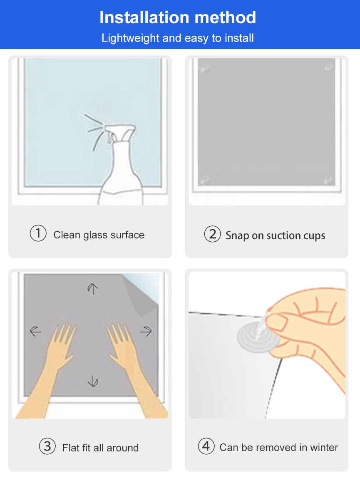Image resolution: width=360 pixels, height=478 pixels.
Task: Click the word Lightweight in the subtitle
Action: (131, 38)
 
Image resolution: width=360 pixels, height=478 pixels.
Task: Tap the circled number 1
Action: (38, 233)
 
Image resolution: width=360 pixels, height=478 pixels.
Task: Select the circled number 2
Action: (212, 234)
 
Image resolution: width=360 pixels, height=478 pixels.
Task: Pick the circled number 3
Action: (47, 446)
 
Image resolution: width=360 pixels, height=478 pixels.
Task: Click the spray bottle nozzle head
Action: (120, 132)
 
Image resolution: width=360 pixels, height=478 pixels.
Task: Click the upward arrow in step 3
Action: (92, 289)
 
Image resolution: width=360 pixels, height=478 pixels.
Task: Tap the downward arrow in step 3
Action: (93, 381)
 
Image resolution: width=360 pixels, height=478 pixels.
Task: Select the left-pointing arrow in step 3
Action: (35, 331)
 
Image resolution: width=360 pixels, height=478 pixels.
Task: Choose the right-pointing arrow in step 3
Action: (146, 331)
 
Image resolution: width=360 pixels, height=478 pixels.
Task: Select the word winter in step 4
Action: (324, 447)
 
